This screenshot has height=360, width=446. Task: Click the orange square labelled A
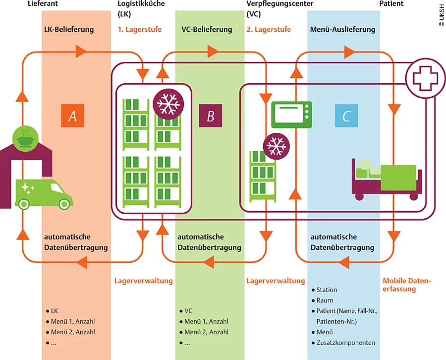click(x=72, y=117)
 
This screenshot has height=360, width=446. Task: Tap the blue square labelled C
click(x=346, y=117)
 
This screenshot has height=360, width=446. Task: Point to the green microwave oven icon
click(x=291, y=115)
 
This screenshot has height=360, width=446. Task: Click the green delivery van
click(x=44, y=193)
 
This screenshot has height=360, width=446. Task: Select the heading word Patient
click(x=391, y=3)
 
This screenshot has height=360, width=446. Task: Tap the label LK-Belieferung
click(x=69, y=29)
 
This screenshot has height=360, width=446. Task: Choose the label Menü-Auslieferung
click(x=342, y=29)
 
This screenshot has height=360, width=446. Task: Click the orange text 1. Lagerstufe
click(x=139, y=29)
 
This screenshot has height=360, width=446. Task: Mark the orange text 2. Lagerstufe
click(x=269, y=29)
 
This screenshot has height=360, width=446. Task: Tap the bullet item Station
click(x=327, y=290)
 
